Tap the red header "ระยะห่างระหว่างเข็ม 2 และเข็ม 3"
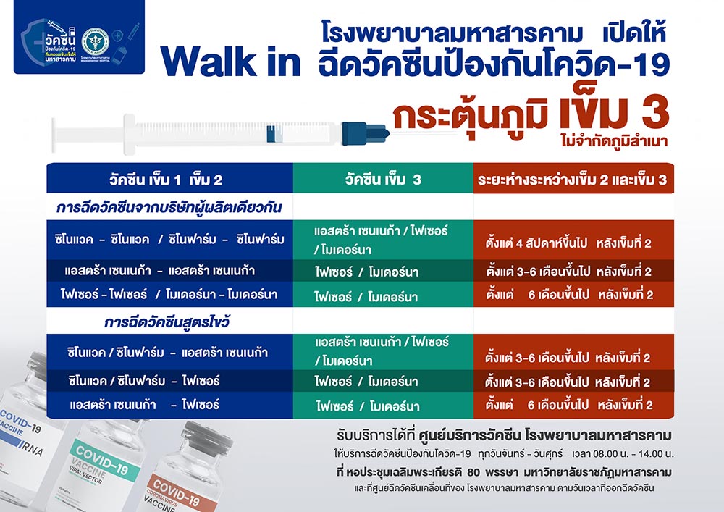tap(573, 179)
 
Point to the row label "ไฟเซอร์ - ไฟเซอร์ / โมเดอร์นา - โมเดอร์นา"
tap(169, 295)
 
